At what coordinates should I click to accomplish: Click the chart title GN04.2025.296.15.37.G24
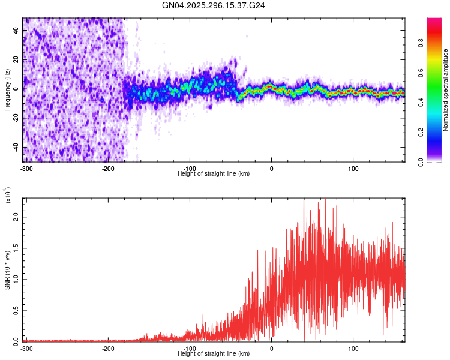[214, 5]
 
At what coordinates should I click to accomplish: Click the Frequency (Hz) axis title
[7, 89]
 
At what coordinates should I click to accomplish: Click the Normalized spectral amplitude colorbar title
[446, 90]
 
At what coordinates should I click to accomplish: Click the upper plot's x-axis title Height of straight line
[214, 173]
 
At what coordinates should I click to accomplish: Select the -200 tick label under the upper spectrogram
[109, 168]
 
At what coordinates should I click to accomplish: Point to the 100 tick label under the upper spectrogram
[353, 168]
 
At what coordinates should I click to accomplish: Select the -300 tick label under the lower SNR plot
[27, 348]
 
